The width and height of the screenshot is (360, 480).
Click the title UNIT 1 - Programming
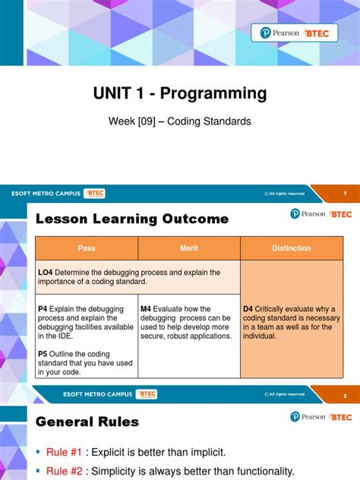180,93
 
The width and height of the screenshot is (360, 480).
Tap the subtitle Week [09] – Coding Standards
180,120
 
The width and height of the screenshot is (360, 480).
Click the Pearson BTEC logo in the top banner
299,33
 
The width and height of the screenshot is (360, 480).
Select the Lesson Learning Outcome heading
132,219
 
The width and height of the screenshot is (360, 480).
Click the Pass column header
87,248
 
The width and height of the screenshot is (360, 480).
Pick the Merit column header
189,248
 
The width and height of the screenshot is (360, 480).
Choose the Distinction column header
292,248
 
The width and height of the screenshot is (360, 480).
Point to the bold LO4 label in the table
46,272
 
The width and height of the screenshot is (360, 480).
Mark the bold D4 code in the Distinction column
248,309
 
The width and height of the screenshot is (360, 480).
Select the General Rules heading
87,422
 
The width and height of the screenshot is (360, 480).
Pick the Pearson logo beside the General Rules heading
308,416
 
